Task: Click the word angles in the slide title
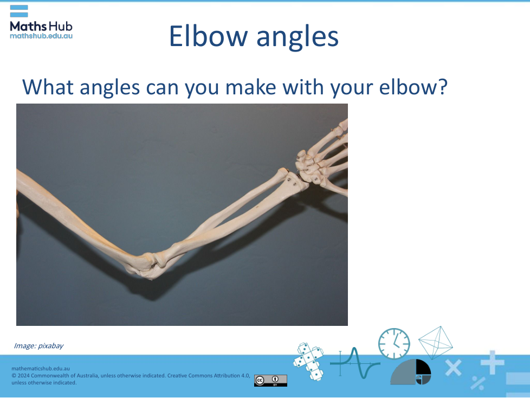(298, 38)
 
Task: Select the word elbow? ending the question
(413, 87)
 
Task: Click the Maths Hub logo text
(41, 27)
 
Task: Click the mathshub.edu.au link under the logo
(41, 36)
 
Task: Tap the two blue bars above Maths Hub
(19, 11)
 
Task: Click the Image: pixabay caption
(38, 345)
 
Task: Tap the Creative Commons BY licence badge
(270, 381)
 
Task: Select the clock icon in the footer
(394, 344)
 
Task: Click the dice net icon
(308, 362)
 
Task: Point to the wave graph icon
(355, 363)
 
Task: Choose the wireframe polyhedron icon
(435, 343)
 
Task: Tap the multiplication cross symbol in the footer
(453, 368)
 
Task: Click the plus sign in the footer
(493, 363)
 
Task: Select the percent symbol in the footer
(478, 383)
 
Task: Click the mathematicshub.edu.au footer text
(41, 369)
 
